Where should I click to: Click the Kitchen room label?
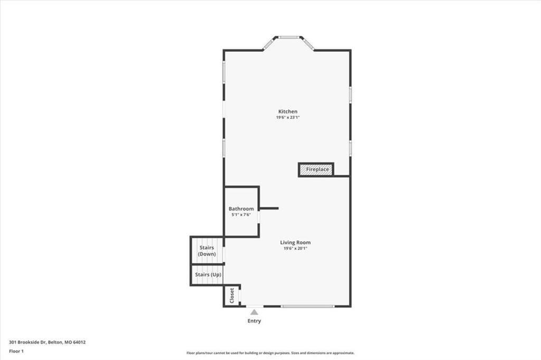[x=288, y=111]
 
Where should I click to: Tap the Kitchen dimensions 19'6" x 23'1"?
[x=288, y=117]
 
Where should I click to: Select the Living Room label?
[x=295, y=242]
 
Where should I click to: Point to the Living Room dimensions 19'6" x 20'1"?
[x=295, y=248]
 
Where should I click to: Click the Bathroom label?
[x=241, y=209]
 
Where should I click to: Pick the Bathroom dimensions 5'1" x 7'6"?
[x=241, y=214]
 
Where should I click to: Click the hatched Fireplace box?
[x=316, y=169]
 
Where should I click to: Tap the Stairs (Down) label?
[x=207, y=251]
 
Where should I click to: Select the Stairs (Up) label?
[x=208, y=274]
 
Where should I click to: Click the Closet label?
[x=232, y=296]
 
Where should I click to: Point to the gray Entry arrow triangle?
[x=254, y=312]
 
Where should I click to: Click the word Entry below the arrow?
[x=254, y=321]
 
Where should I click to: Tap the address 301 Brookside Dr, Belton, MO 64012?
[x=47, y=342]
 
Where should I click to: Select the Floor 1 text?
[x=16, y=351]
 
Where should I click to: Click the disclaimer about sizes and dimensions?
[x=270, y=353]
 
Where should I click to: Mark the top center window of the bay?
[x=289, y=37]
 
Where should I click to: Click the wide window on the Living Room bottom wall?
[x=307, y=306]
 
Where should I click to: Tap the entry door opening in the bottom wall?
[x=255, y=306]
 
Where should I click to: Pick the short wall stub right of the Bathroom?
[x=269, y=209]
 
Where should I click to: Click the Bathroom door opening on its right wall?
[x=258, y=217]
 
